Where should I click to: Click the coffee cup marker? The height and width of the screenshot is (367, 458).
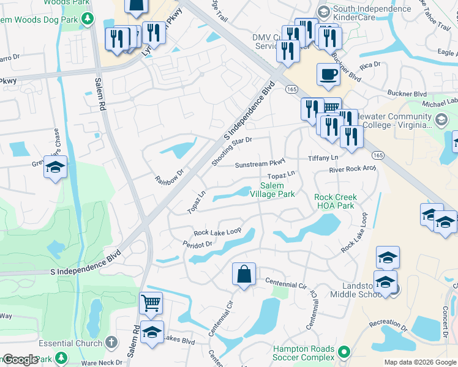tap(328, 75)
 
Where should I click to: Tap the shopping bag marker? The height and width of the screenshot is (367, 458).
tap(244, 274)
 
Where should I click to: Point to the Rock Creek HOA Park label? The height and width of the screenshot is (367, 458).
tap(334, 201)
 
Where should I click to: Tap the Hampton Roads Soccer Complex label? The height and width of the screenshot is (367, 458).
tap(304, 353)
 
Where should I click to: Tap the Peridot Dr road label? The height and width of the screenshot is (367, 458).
tap(197, 244)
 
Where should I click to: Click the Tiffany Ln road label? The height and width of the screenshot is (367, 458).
tap(323, 158)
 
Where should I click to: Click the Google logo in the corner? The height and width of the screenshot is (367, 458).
tap(20, 360)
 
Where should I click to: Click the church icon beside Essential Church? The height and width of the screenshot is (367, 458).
tap(111, 343)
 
